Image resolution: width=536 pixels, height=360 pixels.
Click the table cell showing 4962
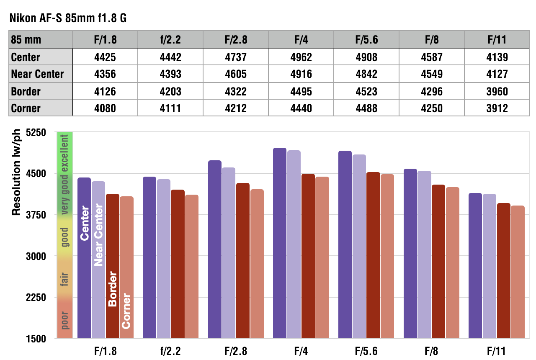pyautogui.click(x=301, y=57)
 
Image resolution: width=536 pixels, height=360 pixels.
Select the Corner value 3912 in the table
pyautogui.click(x=497, y=108)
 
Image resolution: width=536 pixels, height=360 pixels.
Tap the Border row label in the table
pyautogui.click(x=26, y=91)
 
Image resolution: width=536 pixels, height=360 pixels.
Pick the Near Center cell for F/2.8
pyautogui.click(x=236, y=74)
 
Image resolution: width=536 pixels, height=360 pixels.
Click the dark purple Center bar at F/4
pyautogui.click(x=280, y=243)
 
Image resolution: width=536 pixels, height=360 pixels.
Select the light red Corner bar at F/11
pyautogui.click(x=518, y=272)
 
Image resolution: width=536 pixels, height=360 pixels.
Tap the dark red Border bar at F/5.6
pyautogui.click(x=373, y=255)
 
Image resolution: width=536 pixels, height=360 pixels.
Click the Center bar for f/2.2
pyautogui.click(x=149, y=257)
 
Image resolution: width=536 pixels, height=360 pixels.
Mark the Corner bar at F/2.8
pyautogui.click(x=257, y=263)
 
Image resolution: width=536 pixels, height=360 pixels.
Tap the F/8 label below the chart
pyautogui.click(x=431, y=350)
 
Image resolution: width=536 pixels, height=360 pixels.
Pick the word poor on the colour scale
pyautogui.click(x=64, y=320)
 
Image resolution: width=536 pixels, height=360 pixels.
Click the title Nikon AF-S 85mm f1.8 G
pyautogui.click(x=68, y=19)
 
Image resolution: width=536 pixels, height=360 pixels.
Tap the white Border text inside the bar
pyautogui.click(x=112, y=289)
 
